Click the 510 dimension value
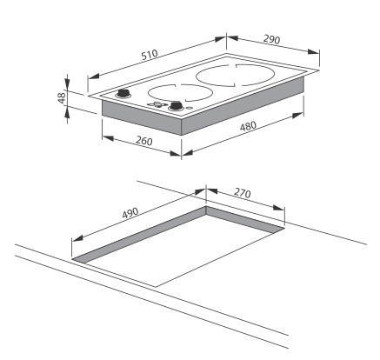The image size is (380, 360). pos(150,55)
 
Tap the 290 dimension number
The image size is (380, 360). pos(271,39)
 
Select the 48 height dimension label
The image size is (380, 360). pos(63,97)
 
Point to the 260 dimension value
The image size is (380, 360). pos(144,141)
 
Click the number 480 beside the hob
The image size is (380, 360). pos(248,126)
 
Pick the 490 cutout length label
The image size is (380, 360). pos(130,213)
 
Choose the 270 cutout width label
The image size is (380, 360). pos(242,193)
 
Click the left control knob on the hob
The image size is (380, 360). pos(123,93)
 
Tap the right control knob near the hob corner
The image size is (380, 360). pos(176,106)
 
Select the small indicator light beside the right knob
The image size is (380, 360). pos(189,109)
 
